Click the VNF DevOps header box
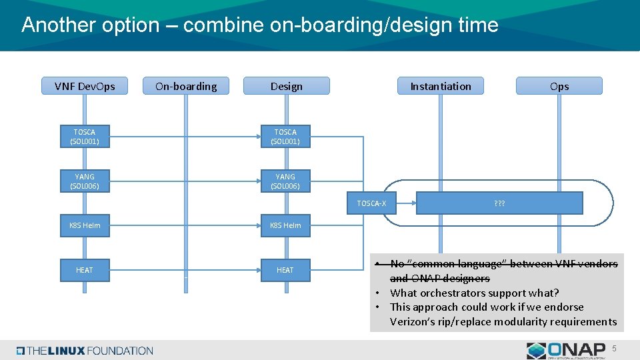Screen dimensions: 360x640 (x=85, y=86)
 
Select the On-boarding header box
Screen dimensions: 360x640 (x=186, y=86)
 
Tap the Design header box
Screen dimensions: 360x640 (x=286, y=86)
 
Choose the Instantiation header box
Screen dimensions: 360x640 (x=440, y=86)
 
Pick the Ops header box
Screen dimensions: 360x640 (x=559, y=86)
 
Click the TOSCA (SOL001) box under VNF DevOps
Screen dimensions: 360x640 (x=85, y=137)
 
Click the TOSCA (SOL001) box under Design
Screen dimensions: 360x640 (x=285, y=137)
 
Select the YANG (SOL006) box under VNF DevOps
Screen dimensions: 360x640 (x=85, y=181)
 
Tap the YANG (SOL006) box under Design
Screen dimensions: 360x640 (x=285, y=181)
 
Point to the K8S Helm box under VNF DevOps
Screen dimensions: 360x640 (x=85, y=225)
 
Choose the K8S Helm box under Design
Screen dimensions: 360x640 (x=285, y=225)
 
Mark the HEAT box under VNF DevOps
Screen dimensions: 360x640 (x=85, y=270)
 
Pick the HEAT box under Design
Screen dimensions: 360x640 (x=285, y=270)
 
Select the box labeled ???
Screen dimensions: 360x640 (x=499, y=203)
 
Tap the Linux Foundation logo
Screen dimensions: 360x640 (x=85, y=351)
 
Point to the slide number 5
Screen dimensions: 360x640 (x=615, y=349)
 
